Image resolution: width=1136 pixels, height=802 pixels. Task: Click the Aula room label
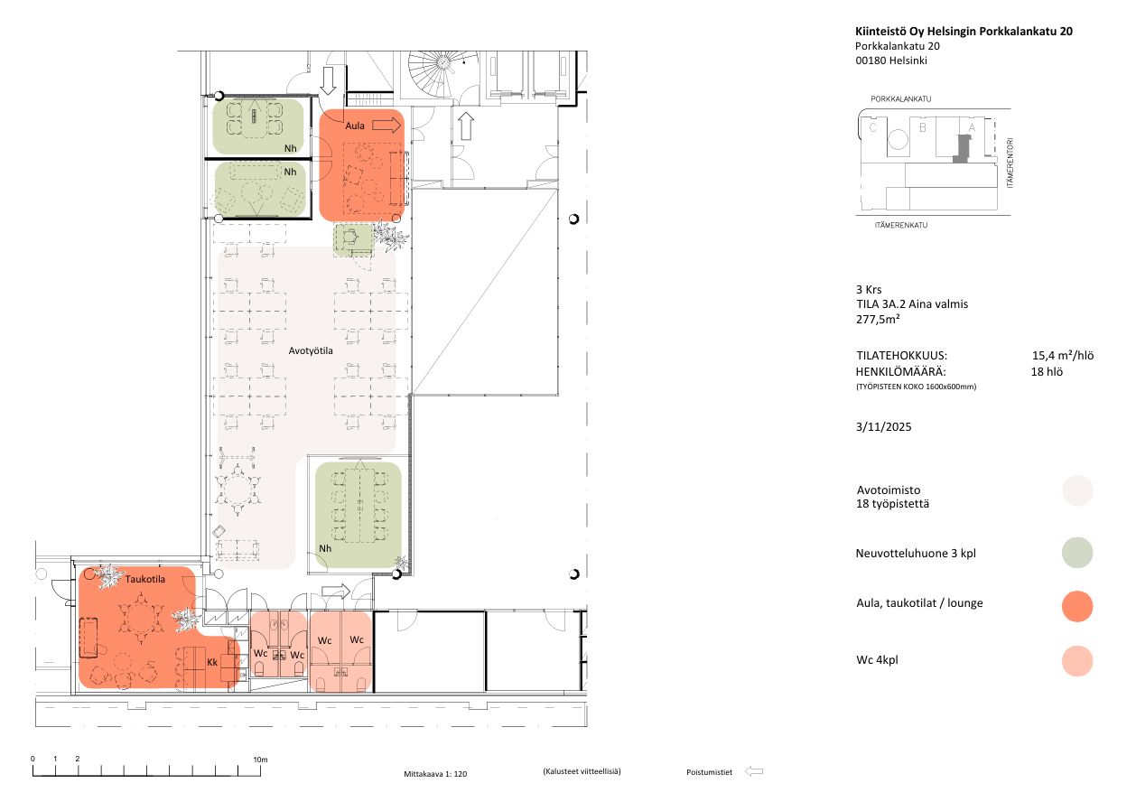point(355,126)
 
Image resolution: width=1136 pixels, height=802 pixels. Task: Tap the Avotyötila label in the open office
point(311,350)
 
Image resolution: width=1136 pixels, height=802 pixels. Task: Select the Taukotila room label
point(145,579)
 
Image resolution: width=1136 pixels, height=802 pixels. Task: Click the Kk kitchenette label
point(212,662)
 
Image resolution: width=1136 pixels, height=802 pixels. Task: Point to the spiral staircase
point(442,72)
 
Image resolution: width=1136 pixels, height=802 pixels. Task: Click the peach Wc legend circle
point(1077,661)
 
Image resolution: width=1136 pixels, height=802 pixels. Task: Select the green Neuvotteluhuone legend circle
point(1077,553)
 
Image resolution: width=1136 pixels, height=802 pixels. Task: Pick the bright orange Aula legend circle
point(1077,606)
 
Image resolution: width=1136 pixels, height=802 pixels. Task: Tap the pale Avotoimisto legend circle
point(1077,490)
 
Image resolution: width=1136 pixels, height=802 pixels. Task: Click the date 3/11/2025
point(883,426)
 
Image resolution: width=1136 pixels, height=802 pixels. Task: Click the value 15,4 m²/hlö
point(1063,355)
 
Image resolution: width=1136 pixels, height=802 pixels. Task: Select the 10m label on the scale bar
point(260,760)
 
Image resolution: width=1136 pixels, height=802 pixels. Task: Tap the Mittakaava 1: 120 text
point(435,774)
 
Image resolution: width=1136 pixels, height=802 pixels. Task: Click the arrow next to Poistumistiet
point(754,771)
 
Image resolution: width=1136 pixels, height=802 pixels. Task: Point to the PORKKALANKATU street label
point(900,99)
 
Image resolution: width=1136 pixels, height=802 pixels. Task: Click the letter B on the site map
point(923,127)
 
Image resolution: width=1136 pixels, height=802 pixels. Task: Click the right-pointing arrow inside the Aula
point(386,125)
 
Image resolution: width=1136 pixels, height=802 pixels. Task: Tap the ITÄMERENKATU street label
point(900,225)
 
